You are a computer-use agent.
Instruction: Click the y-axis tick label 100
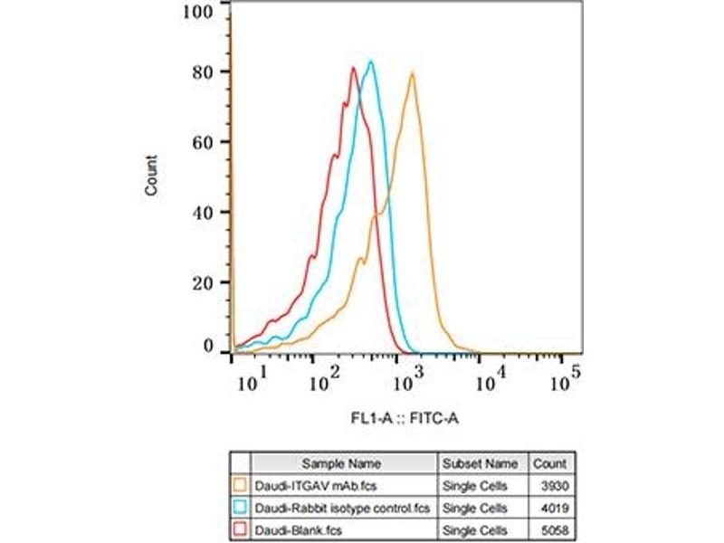(197, 12)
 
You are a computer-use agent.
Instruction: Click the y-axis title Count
(151, 176)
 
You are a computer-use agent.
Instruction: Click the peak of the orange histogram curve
(413, 72)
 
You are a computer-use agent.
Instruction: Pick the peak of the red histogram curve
(352, 68)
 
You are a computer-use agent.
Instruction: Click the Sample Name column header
(342, 463)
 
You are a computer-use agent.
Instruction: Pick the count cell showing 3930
(553, 484)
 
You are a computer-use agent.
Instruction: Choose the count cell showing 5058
(553, 527)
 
